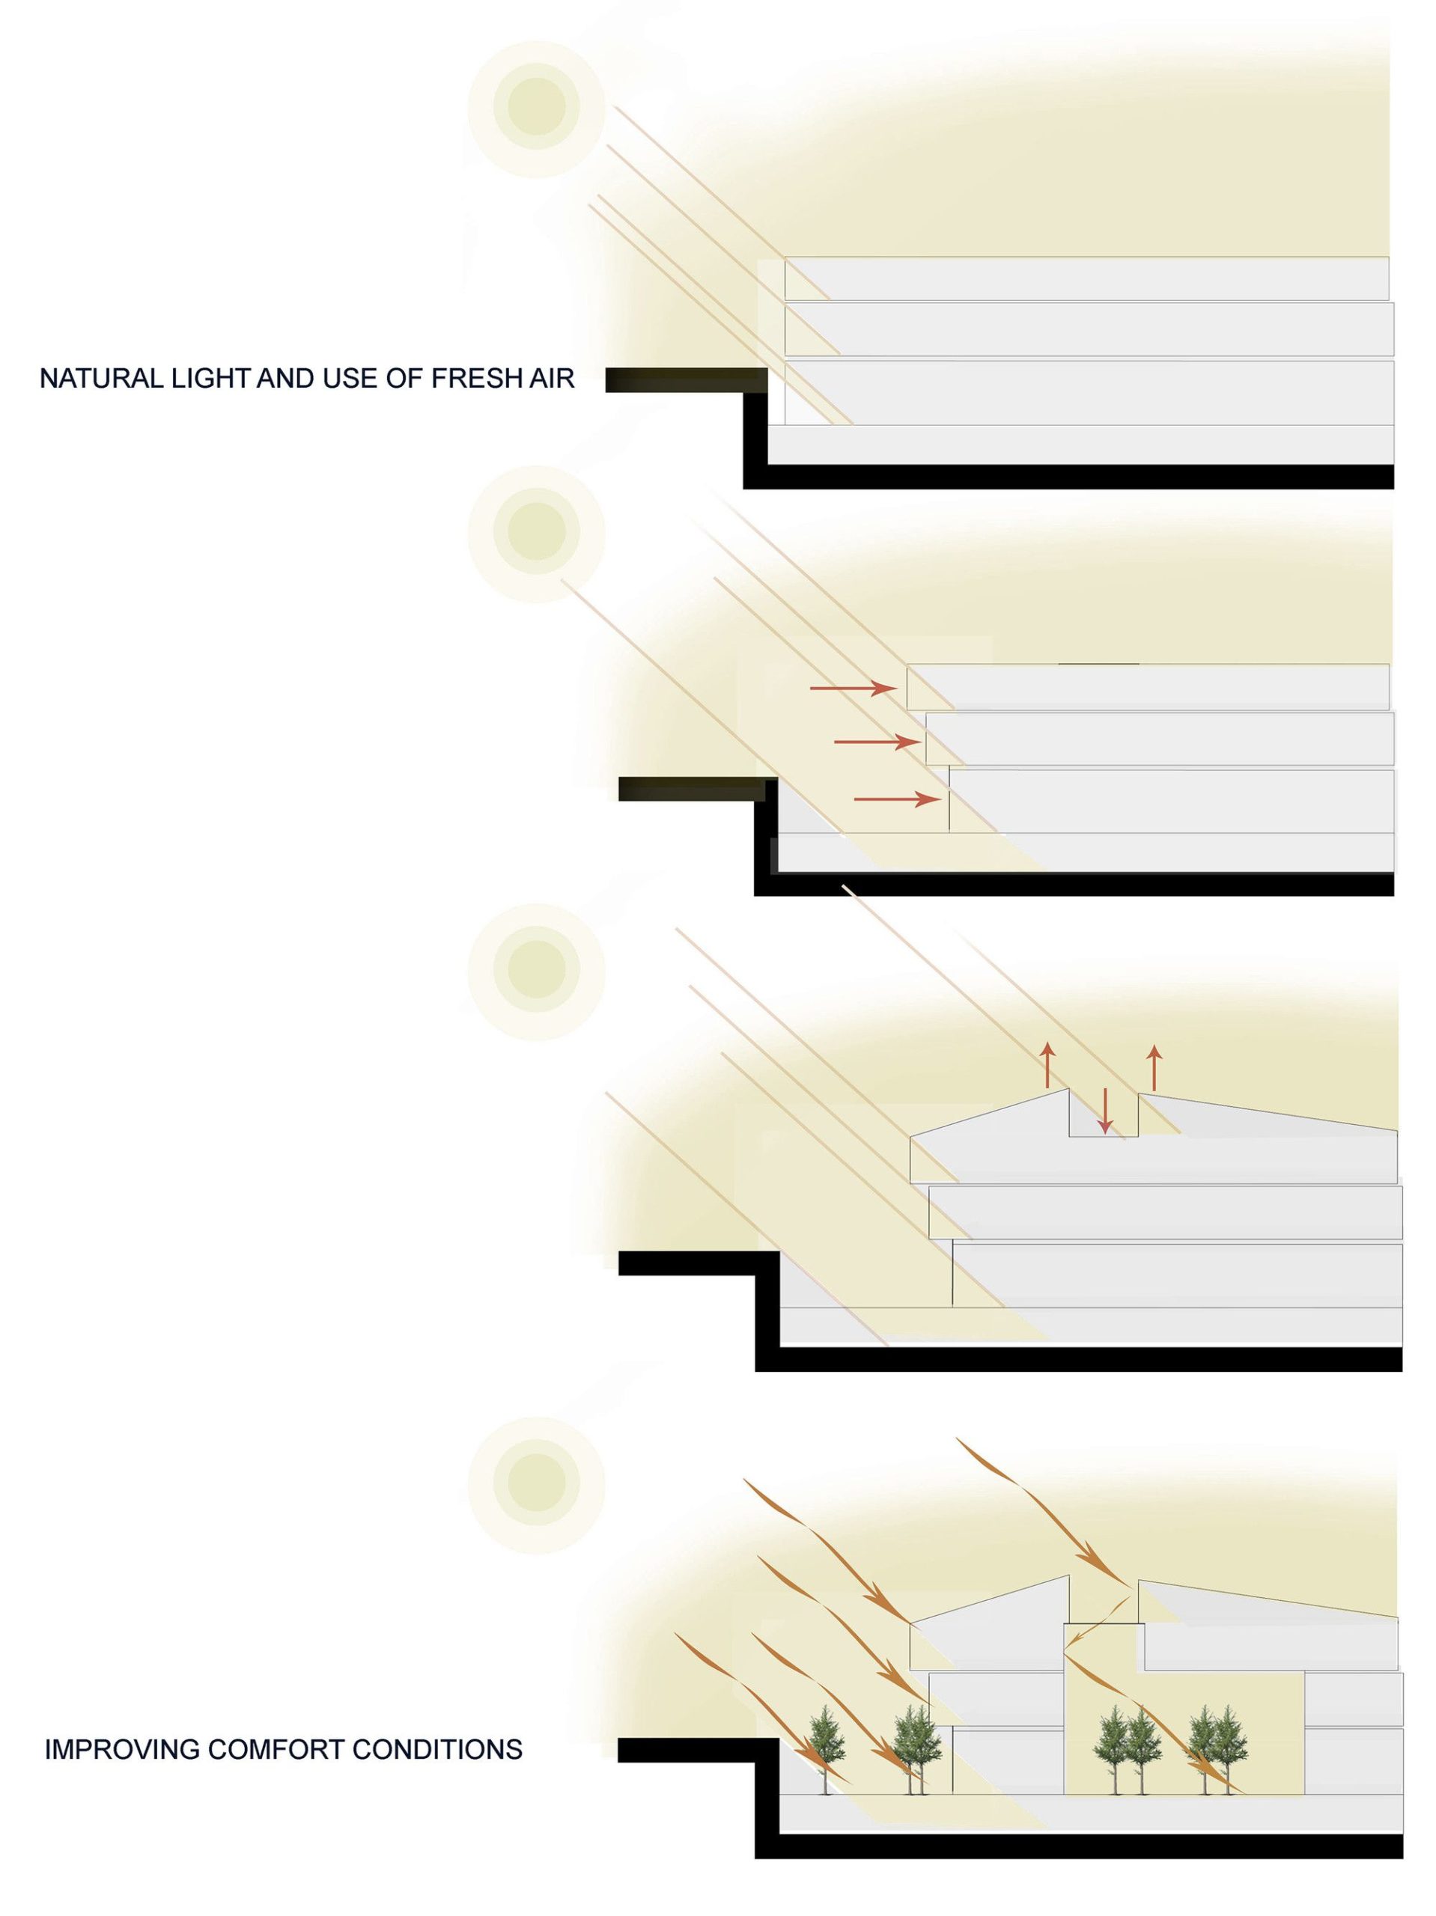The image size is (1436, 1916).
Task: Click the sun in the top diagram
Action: click(535, 109)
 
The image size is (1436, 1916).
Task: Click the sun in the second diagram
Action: click(535, 534)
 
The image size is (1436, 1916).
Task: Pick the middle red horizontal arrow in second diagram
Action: click(877, 742)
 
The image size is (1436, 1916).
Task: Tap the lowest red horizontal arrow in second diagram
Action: click(897, 799)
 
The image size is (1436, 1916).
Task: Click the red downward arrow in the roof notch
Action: click(1104, 1110)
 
